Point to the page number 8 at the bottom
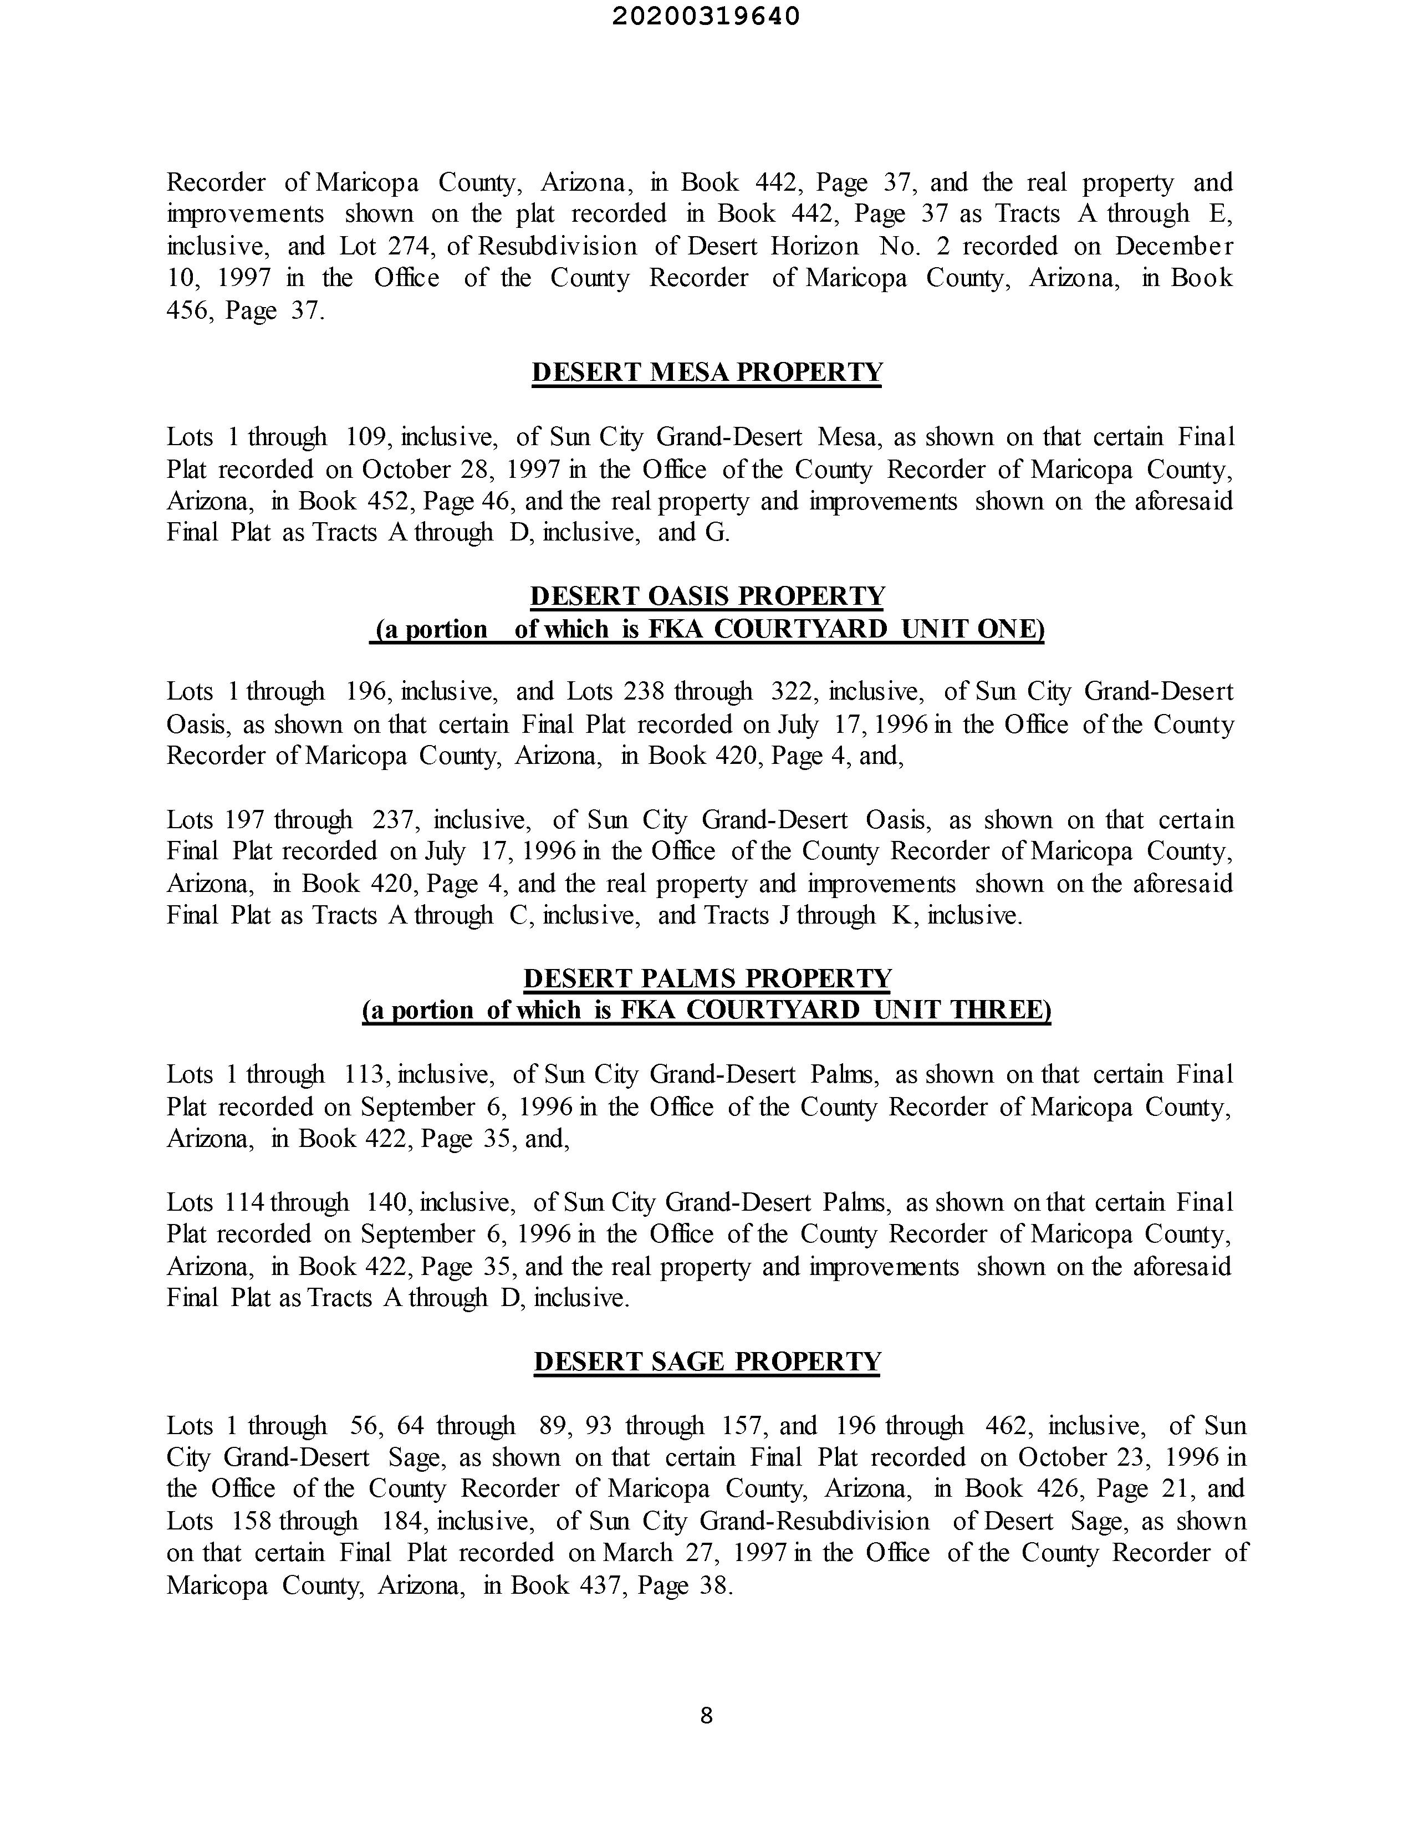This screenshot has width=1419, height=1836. [x=706, y=1716]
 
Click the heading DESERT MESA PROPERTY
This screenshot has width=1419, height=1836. [x=707, y=373]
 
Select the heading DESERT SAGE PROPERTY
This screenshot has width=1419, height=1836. [x=707, y=1361]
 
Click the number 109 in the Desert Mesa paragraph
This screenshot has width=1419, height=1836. [x=366, y=437]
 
